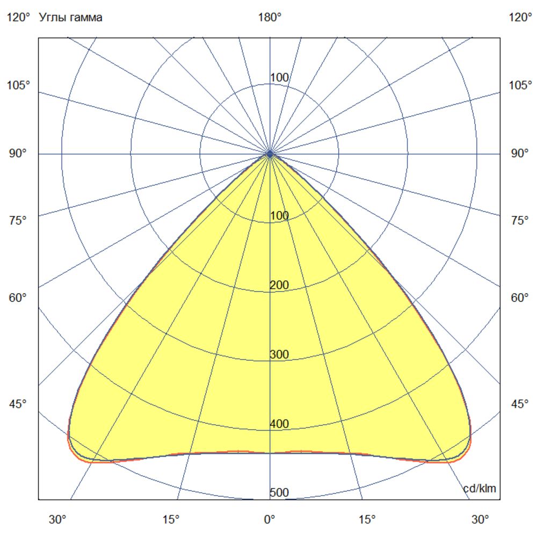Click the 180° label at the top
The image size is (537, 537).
pyautogui.click(x=270, y=17)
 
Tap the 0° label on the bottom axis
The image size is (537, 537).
pyautogui.click(x=270, y=519)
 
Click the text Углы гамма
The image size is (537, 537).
pyautogui.click(x=71, y=17)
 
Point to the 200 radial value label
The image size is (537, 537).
pyautogui.click(x=279, y=285)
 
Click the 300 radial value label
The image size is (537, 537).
pyautogui.click(x=279, y=354)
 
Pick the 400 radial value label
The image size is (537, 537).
pyautogui.click(x=279, y=424)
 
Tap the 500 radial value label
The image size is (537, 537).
pyautogui.click(x=279, y=493)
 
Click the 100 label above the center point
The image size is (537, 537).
pyautogui.click(x=279, y=78)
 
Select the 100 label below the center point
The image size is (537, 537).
pyautogui.click(x=279, y=216)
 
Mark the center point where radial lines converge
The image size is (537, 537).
pyautogui.click(x=270, y=154)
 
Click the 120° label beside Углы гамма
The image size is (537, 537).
pyautogui.click(x=18, y=17)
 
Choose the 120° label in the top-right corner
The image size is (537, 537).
pyautogui.click(x=520, y=17)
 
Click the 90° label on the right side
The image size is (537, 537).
pyautogui.click(x=520, y=154)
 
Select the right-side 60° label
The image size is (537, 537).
pyautogui.click(x=520, y=298)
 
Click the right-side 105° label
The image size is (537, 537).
pyautogui.click(x=520, y=85)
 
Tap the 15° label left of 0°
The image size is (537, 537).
pyautogui.click(x=171, y=519)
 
